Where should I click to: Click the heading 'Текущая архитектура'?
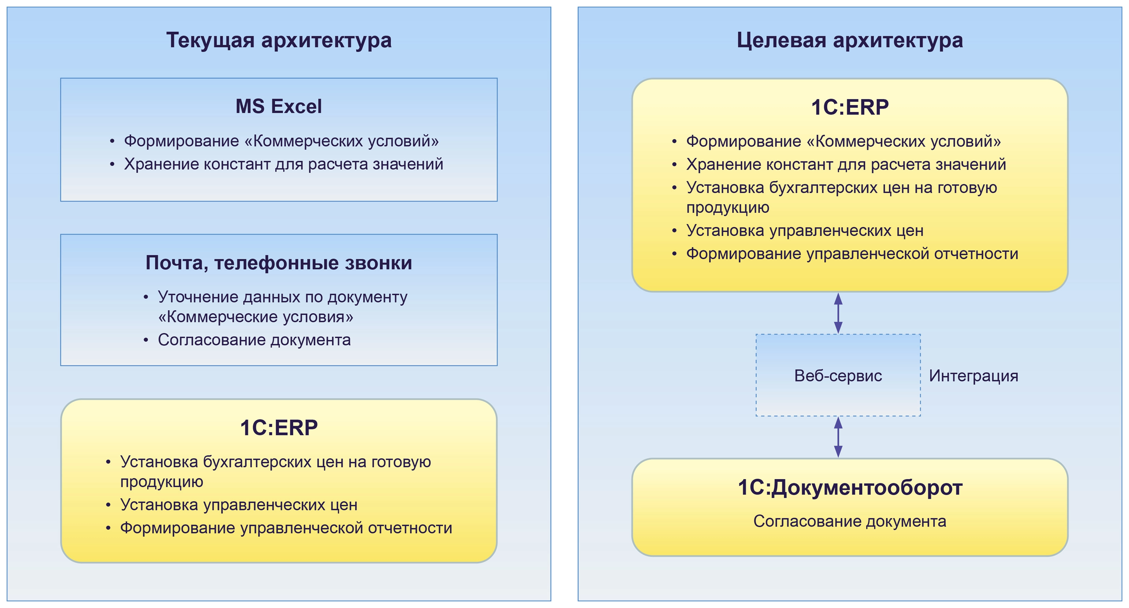click(x=279, y=40)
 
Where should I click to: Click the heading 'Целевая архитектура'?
click(x=849, y=40)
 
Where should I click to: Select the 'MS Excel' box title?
click(x=279, y=107)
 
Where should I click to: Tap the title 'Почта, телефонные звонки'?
click(x=279, y=263)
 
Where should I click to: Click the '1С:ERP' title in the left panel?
click(x=279, y=428)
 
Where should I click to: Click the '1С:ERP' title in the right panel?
click(x=849, y=108)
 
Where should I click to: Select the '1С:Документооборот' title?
click(x=849, y=488)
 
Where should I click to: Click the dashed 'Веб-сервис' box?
click(x=838, y=375)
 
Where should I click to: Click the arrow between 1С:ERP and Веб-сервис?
click(x=838, y=313)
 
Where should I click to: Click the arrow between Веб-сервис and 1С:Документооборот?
click(x=838, y=437)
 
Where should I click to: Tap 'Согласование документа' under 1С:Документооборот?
click(x=849, y=521)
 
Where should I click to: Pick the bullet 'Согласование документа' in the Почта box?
click(x=254, y=340)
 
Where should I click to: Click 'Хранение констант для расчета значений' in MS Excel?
click(x=283, y=164)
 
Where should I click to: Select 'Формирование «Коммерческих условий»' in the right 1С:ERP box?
click(x=843, y=141)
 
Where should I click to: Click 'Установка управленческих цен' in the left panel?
click(x=239, y=505)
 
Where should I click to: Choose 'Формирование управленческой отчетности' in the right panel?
click(x=852, y=253)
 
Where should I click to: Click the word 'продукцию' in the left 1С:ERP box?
click(x=162, y=482)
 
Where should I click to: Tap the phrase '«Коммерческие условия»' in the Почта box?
click(x=256, y=317)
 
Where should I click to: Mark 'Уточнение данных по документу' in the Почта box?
click(x=282, y=297)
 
